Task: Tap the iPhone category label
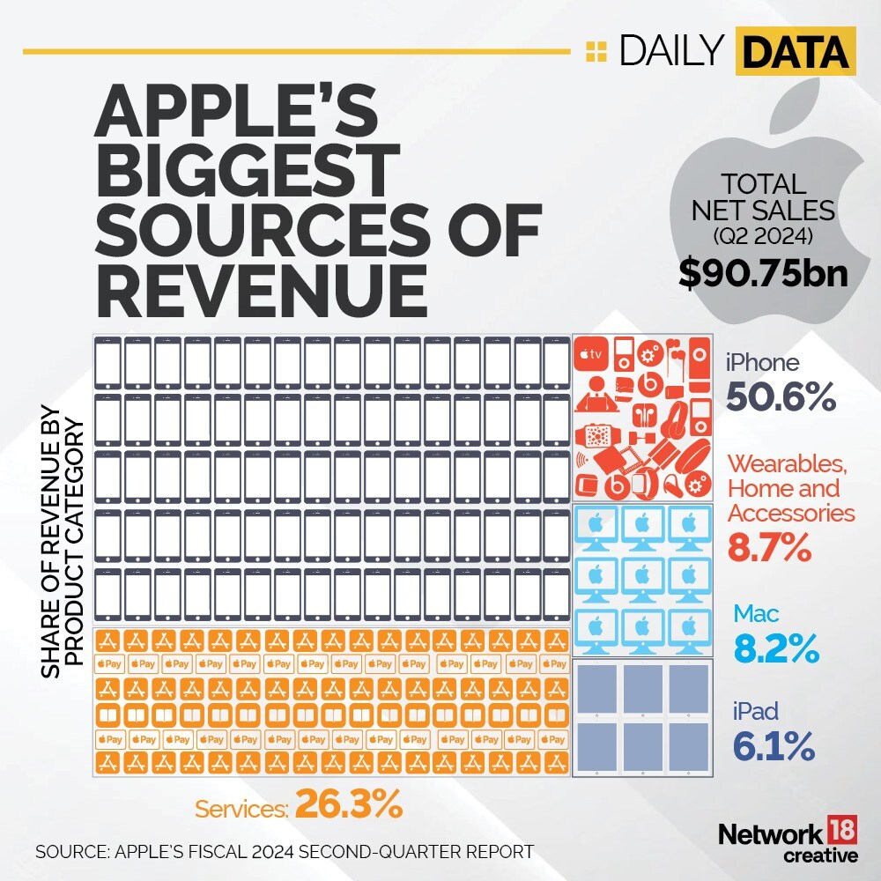[762, 363]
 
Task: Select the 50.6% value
[781, 398]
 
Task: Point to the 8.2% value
[775, 650]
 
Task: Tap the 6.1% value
[774, 747]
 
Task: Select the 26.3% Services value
[349, 804]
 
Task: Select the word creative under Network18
[820, 855]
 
